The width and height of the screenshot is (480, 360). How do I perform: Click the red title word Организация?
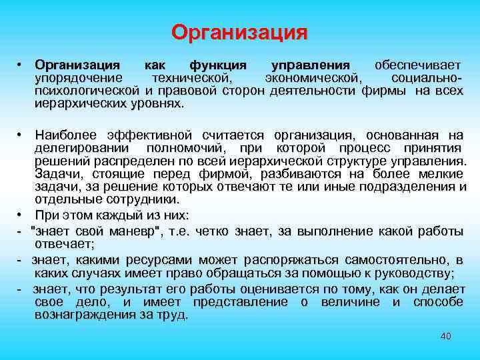[x=239, y=32]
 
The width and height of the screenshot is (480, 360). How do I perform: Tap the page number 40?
[x=446, y=336]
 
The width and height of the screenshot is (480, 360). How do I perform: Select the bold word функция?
[x=218, y=65]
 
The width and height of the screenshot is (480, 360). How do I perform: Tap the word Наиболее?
[x=65, y=135]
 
